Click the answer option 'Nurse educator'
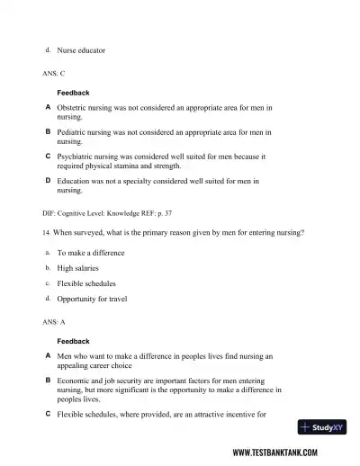81,50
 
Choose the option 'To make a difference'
91,253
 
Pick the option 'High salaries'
78,268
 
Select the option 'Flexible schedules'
86,283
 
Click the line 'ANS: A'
53,321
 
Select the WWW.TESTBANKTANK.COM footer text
287,453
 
